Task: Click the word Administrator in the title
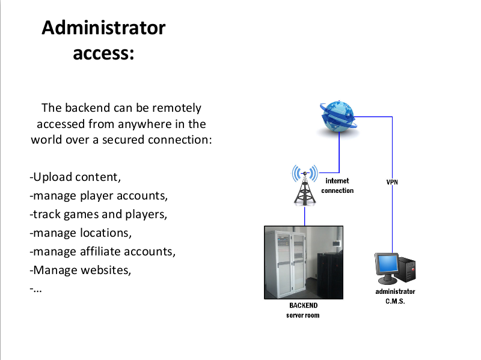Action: tap(103, 28)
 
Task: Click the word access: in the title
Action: tap(103, 53)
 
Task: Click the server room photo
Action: tap(304, 262)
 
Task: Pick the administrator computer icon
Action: tap(394, 268)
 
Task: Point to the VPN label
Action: tap(392, 182)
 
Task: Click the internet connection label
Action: tap(337, 186)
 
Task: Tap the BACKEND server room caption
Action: tap(303, 310)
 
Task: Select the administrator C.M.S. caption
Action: tap(395, 296)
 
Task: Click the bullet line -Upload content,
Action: tap(75, 177)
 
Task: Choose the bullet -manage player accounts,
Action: tap(98, 196)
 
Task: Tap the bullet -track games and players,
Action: tap(98, 215)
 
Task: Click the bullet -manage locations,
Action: tap(80, 233)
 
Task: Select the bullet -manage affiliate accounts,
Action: tap(102, 251)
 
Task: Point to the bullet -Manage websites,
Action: tap(80, 270)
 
